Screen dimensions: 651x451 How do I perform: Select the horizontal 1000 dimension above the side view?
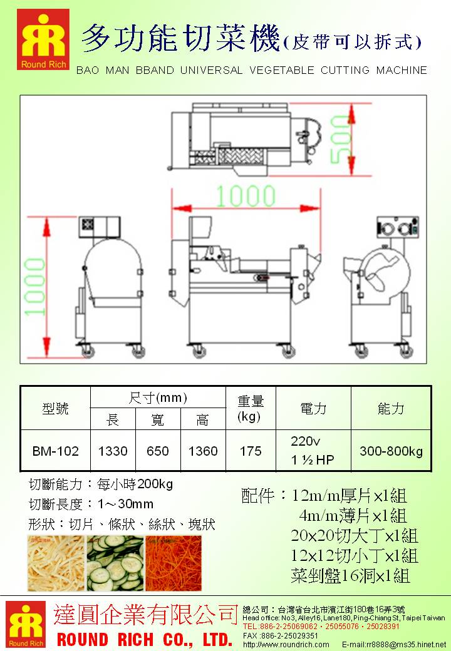pyautogui.click(x=246, y=196)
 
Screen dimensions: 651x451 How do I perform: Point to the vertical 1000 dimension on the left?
pyautogui.click(x=36, y=285)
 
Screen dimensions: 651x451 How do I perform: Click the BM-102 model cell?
pyautogui.click(x=55, y=451)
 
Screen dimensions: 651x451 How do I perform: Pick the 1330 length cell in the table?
pyautogui.click(x=113, y=451)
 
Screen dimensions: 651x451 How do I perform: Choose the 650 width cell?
pyautogui.click(x=158, y=451)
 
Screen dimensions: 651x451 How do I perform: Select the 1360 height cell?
pyautogui.click(x=202, y=451)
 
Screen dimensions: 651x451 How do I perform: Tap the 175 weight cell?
pyautogui.click(x=250, y=451)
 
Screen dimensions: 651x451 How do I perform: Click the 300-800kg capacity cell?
pyautogui.click(x=390, y=451)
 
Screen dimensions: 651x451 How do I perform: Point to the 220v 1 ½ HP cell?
pyautogui.click(x=313, y=451)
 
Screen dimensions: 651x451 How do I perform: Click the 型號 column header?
pyautogui.click(x=55, y=409)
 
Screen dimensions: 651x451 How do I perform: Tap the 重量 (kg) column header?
pyautogui.click(x=250, y=408)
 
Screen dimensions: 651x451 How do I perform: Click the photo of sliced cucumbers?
pyautogui.click(x=115, y=563)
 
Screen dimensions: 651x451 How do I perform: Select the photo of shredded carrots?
pyautogui.click(x=173, y=563)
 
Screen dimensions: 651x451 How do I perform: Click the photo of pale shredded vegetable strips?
pyautogui.click(x=56, y=563)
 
